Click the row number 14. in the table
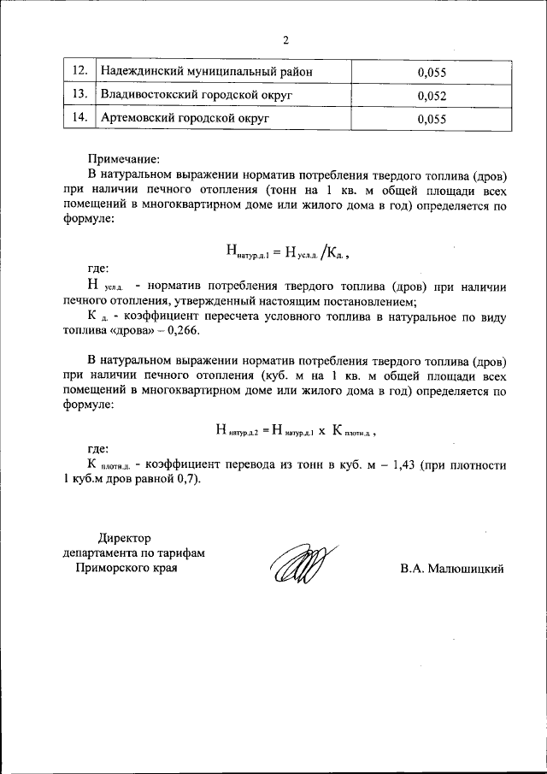point(79,119)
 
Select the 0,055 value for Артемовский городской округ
point(433,120)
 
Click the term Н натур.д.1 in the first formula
point(247,251)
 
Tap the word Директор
point(124,538)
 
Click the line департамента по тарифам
point(133,553)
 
